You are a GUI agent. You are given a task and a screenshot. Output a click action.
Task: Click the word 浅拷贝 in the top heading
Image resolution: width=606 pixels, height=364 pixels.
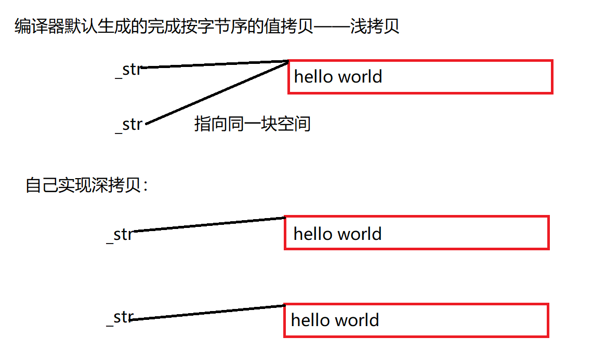pos(375,26)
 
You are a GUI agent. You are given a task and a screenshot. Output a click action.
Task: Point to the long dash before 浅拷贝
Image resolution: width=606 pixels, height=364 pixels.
pos(332,27)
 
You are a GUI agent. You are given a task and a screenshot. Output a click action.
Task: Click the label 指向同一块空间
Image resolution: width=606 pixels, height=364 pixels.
pos(252,124)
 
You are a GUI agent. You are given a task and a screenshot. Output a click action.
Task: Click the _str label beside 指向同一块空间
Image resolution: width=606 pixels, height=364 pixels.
pos(128,125)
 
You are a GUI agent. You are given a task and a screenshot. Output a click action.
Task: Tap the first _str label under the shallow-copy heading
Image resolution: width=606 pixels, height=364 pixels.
pos(128,70)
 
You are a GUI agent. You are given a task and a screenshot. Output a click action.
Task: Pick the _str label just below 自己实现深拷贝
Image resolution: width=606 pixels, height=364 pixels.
pos(120,235)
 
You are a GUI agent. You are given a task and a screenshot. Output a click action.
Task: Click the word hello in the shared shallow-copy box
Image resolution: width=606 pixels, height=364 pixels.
pos(313,77)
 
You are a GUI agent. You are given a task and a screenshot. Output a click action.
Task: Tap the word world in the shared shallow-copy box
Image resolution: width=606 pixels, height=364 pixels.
pos(360,77)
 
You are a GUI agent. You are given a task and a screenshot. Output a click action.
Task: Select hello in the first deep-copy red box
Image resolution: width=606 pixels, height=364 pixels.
pos(313,234)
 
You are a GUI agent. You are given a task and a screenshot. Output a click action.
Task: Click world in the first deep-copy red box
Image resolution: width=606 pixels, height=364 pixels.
pos(359,234)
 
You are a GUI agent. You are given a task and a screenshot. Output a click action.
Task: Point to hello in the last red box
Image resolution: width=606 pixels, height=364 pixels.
pos(310,320)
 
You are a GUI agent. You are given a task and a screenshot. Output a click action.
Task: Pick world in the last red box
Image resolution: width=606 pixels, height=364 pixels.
pos(357,320)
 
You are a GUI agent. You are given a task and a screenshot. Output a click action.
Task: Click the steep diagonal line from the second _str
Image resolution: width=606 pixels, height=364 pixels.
pos(218,92)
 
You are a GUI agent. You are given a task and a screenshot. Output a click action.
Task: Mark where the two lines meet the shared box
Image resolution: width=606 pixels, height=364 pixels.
pos(288,62)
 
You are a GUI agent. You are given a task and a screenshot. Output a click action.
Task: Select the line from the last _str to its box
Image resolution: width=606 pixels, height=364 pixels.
pos(208,313)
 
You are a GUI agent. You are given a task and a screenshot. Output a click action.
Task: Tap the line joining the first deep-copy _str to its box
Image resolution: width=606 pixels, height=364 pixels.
pos(208,224)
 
